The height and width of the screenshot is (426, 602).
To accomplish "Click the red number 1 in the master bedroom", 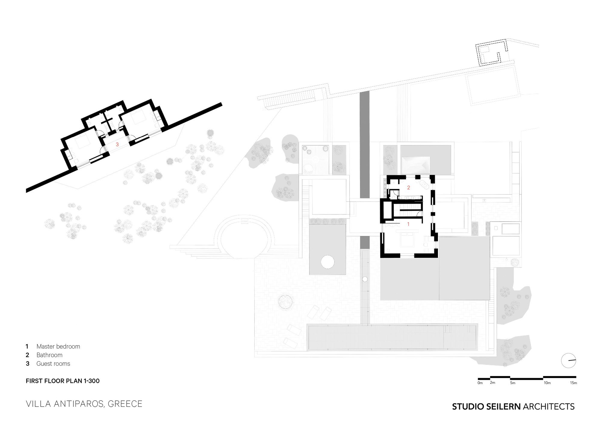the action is (x=408, y=224).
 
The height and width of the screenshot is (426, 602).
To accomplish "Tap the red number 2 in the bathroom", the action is (x=408, y=187).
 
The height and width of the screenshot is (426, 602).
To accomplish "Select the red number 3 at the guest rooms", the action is (x=117, y=145).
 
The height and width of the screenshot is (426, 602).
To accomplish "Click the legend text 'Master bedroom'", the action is (x=58, y=346).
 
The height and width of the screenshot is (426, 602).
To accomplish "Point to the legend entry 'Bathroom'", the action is (x=49, y=355).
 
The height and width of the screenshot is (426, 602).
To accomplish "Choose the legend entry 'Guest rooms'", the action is (x=53, y=364).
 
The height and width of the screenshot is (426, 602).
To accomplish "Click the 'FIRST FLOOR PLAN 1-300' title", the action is (x=63, y=381).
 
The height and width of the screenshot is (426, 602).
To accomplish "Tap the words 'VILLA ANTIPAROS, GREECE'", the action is (x=84, y=404).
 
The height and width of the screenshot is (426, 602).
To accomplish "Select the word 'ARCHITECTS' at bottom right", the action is (x=549, y=407).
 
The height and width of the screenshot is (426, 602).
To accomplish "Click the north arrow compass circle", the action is (x=569, y=360).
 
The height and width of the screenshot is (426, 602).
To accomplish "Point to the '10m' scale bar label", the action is (x=547, y=383).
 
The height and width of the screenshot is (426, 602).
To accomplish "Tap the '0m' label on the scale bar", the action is (x=480, y=383).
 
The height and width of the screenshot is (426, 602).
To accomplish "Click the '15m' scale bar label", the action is (x=573, y=383).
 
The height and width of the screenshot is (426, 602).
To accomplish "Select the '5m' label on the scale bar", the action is (x=513, y=383).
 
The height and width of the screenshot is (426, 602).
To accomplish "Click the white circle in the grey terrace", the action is (x=327, y=262).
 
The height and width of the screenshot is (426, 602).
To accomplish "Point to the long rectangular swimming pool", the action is (x=392, y=337).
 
